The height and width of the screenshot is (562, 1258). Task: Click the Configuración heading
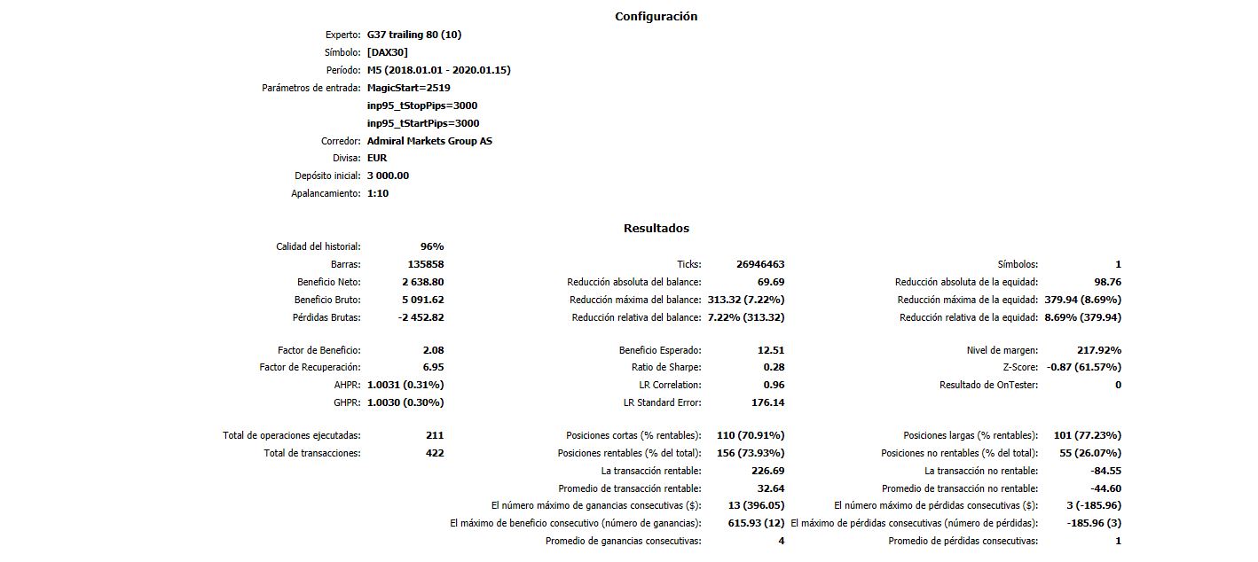pyautogui.click(x=656, y=16)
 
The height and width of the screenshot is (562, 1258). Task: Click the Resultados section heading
pyautogui.click(x=656, y=228)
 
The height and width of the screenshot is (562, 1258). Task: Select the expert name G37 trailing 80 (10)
pyautogui.click(x=414, y=35)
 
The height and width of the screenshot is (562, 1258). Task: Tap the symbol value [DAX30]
pyautogui.click(x=388, y=52)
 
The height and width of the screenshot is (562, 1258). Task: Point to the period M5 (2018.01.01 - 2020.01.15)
pyautogui.click(x=438, y=70)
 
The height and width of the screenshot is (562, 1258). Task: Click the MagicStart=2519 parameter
pyautogui.click(x=408, y=88)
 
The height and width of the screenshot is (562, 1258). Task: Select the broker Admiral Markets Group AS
pyautogui.click(x=429, y=141)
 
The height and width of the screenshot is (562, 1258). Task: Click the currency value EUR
pyautogui.click(x=377, y=158)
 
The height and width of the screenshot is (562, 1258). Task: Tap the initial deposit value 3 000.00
pyautogui.click(x=388, y=176)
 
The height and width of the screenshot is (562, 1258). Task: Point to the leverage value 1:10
pyautogui.click(x=378, y=193)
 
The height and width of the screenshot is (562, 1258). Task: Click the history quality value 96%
pyautogui.click(x=432, y=246)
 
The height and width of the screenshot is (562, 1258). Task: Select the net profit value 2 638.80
pyautogui.click(x=422, y=282)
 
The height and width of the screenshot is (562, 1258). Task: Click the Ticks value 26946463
pyautogui.click(x=760, y=264)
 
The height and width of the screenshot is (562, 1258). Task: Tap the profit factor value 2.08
pyautogui.click(x=433, y=350)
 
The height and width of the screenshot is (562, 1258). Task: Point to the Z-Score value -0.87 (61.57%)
pyautogui.click(x=1083, y=367)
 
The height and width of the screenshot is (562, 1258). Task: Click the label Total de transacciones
pyautogui.click(x=312, y=453)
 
